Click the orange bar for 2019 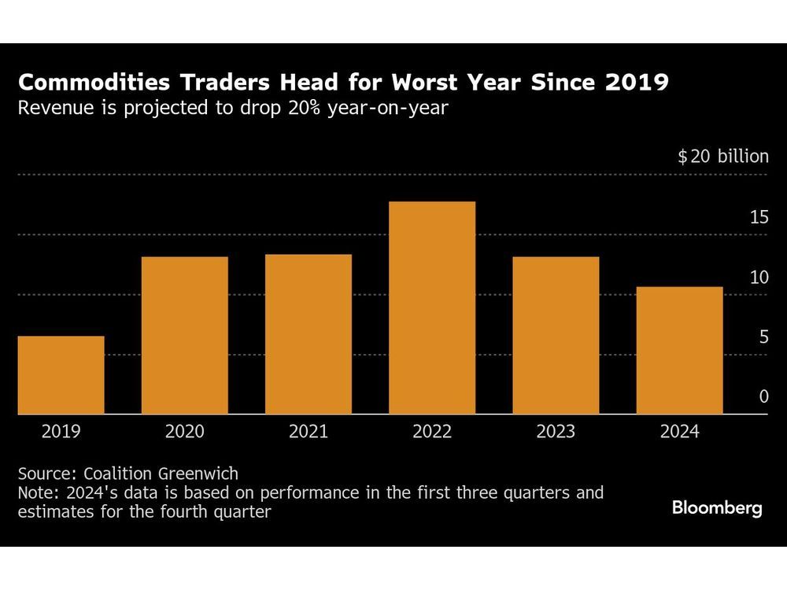(x=61, y=375)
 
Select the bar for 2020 (x=184, y=335)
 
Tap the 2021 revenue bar (x=308, y=334)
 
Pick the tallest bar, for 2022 (x=431, y=308)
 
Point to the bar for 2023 (x=555, y=335)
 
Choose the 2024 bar (x=679, y=350)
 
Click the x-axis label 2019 (x=61, y=432)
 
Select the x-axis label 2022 (x=431, y=432)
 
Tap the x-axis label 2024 (x=679, y=432)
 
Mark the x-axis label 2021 (x=308, y=432)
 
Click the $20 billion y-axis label (x=723, y=157)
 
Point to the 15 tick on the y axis (x=759, y=217)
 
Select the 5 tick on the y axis (x=763, y=337)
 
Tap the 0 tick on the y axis (x=763, y=397)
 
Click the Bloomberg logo (x=716, y=508)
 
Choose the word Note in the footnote (x=35, y=493)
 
